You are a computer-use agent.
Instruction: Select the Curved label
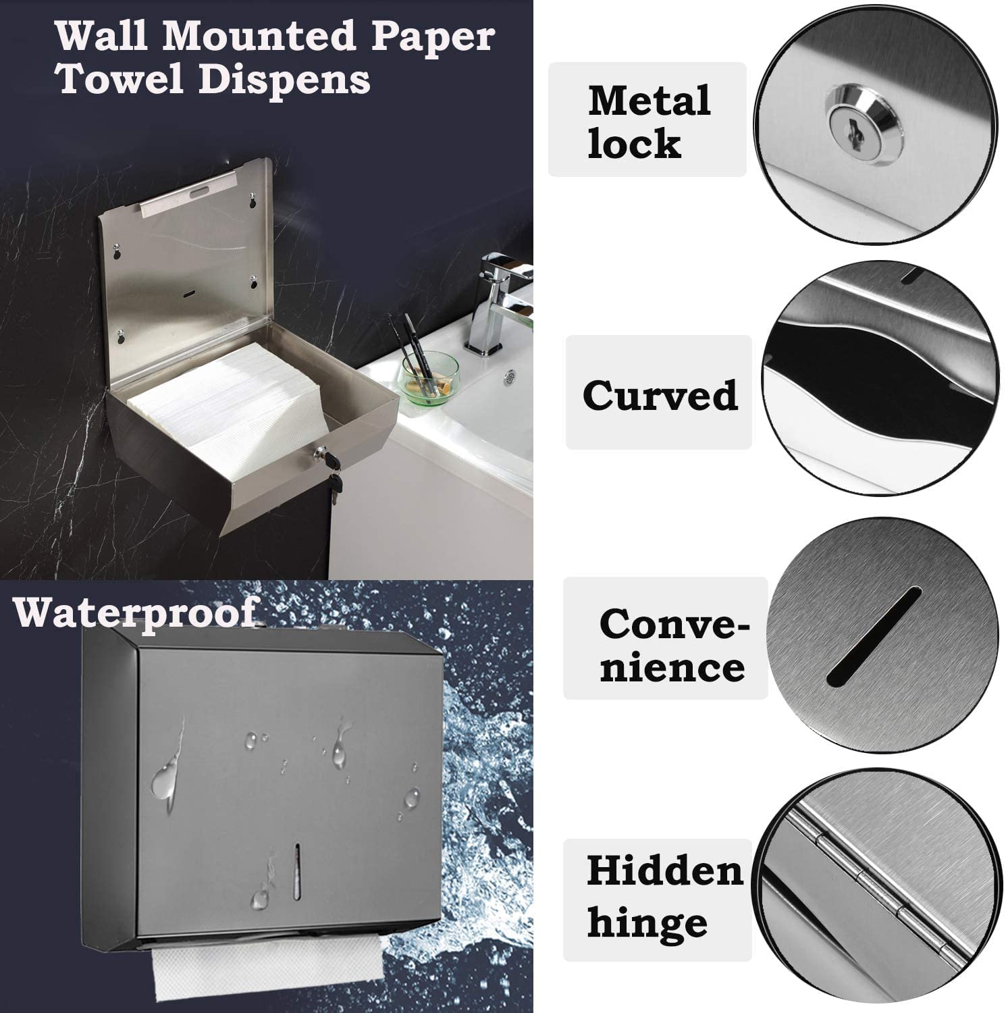[x=660, y=395]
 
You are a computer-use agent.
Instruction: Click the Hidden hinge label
[x=664, y=896]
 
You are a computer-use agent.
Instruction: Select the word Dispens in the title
[x=284, y=80]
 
